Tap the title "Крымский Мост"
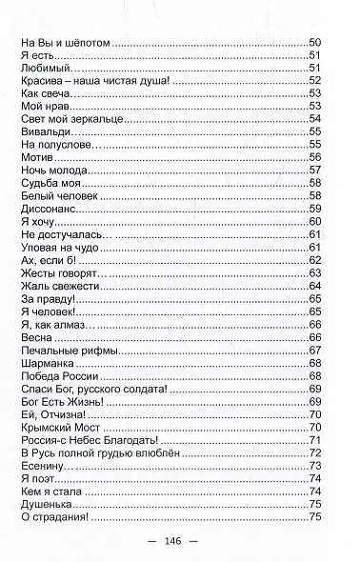pyautogui.click(x=54, y=426)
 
